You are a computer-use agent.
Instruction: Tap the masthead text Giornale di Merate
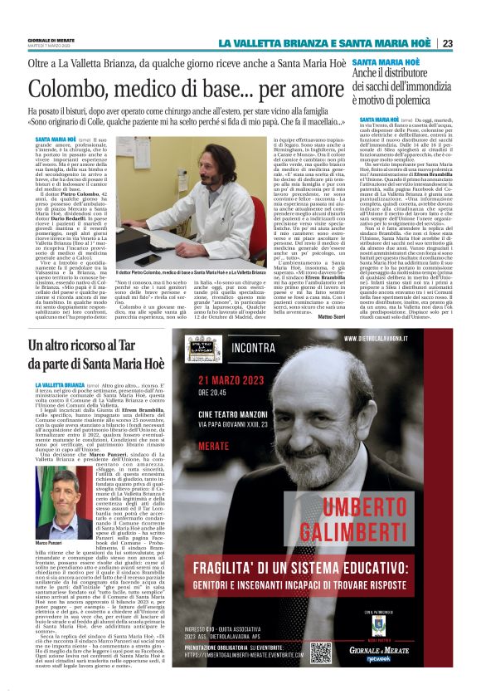(x=49, y=40)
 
